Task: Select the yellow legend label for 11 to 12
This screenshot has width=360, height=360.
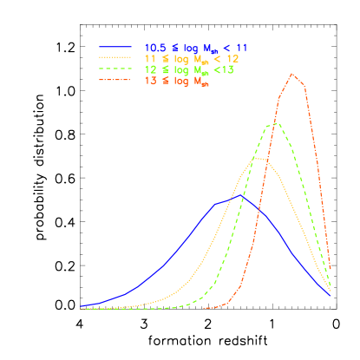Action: click(x=191, y=58)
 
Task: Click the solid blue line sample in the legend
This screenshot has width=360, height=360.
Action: click(x=116, y=47)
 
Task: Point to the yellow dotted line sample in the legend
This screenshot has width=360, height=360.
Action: click(x=116, y=58)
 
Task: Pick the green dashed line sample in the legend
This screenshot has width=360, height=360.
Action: click(x=116, y=69)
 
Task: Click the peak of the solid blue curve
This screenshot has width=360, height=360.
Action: click(x=241, y=197)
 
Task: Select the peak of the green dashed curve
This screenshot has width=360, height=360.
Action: click(x=276, y=123)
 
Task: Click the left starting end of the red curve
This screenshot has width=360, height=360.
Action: click(x=205, y=308)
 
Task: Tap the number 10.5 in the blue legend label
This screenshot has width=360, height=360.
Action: click(x=156, y=47)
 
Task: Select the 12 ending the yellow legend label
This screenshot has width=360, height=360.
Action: click(x=232, y=58)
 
